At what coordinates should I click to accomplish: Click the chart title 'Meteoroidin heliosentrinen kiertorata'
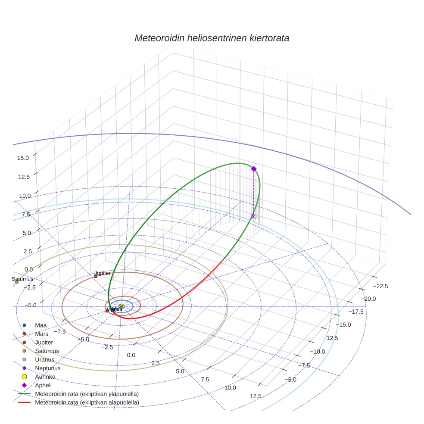pyautogui.click(x=212, y=38)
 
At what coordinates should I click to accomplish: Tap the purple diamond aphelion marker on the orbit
pyautogui.click(x=254, y=169)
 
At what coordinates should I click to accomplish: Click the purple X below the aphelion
pyautogui.click(x=253, y=216)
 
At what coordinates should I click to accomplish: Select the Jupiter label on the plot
pyautogui.click(x=103, y=273)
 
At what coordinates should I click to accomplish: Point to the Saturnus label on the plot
pyautogui.click(x=22, y=279)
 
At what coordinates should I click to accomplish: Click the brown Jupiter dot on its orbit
pyautogui.click(x=96, y=276)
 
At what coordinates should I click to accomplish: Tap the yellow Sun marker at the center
pyautogui.click(x=122, y=306)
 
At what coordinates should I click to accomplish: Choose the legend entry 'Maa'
pyautogui.click(x=41, y=325)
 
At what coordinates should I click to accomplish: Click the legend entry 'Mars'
pyautogui.click(x=42, y=334)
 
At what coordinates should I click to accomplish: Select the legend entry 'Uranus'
pyautogui.click(x=45, y=359)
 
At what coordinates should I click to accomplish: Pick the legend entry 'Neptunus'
pyautogui.click(x=48, y=368)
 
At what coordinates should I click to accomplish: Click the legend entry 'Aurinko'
pyautogui.click(x=45, y=377)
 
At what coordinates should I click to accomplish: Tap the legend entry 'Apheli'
pyautogui.click(x=44, y=385)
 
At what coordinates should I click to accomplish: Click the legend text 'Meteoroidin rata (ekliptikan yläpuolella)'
pyautogui.click(x=87, y=394)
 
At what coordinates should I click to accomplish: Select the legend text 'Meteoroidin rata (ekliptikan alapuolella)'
pyautogui.click(x=87, y=402)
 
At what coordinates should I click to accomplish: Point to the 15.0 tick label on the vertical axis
pyautogui.click(x=23, y=158)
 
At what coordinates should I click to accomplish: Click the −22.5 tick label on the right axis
pyautogui.click(x=380, y=286)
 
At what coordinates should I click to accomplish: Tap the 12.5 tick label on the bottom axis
pyautogui.click(x=256, y=396)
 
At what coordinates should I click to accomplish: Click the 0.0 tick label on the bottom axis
pyautogui.click(x=131, y=355)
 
